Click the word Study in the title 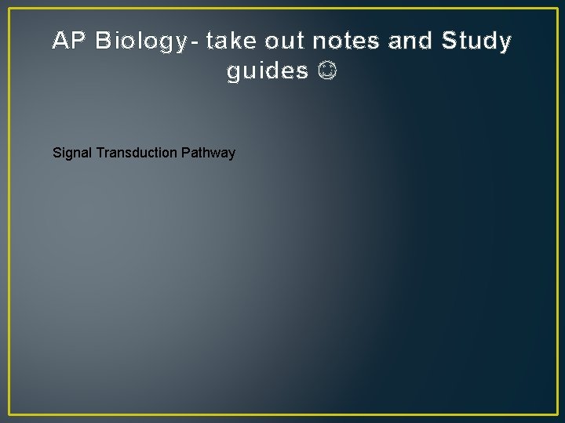click(x=477, y=41)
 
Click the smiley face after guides click(x=329, y=71)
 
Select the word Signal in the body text click(x=72, y=153)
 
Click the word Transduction click(x=137, y=153)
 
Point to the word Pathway click(x=208, y=153)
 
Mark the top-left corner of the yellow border click(x=9, y=9)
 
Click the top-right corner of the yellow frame click(x=556, y=9)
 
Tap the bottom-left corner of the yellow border click(x=9, y=414)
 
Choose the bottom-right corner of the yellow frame click(x=556, y=414)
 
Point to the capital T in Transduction click(x=100, y=153)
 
